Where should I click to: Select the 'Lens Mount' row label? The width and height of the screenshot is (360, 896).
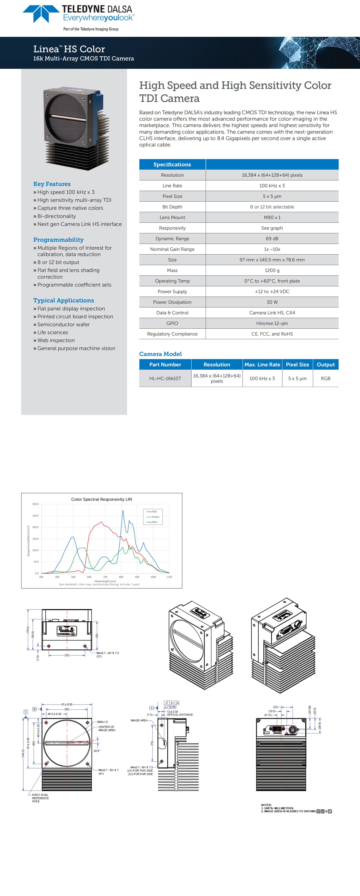click(172, 217)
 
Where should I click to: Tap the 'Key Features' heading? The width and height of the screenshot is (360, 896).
click(52, 184)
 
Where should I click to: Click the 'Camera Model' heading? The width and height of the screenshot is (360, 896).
click(160, 354)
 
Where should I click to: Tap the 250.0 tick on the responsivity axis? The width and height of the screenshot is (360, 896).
click(36, 515)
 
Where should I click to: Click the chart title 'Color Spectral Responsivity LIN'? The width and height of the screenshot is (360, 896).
click(101, 499)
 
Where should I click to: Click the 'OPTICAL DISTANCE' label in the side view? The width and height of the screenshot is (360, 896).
click(180, 714)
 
